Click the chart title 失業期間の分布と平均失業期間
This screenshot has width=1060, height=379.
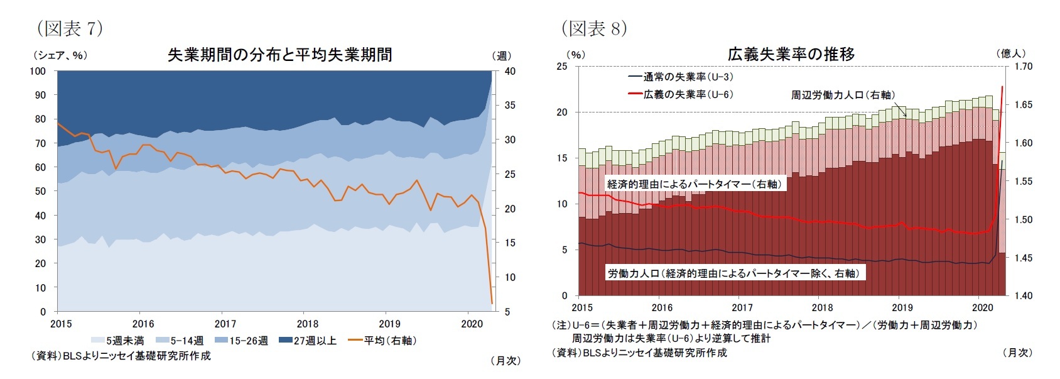[x=279, y=55]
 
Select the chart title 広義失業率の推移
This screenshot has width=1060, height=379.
[x=791, y=54]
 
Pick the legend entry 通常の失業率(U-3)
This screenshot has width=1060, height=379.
[x=681, y=77]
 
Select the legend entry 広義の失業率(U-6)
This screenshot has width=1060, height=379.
[x=681, y=94]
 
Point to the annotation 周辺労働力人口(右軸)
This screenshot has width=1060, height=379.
[x=842, y=95]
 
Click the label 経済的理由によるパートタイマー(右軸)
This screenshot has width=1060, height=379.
[x=695, y=184]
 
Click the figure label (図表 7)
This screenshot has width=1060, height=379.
[x=70, y=28]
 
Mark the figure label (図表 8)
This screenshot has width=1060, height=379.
[x=594, y=28]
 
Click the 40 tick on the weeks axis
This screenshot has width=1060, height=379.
[x=510, y=71]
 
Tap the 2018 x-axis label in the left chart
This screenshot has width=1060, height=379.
[x=308, y=324]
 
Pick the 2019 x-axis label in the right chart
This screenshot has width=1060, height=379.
[x=902, y=308]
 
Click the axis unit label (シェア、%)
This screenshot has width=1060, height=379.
[x=60, y=55]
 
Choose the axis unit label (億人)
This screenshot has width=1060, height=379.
[x=1011, y=53]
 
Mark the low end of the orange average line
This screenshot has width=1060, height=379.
[x=492, y=303]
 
